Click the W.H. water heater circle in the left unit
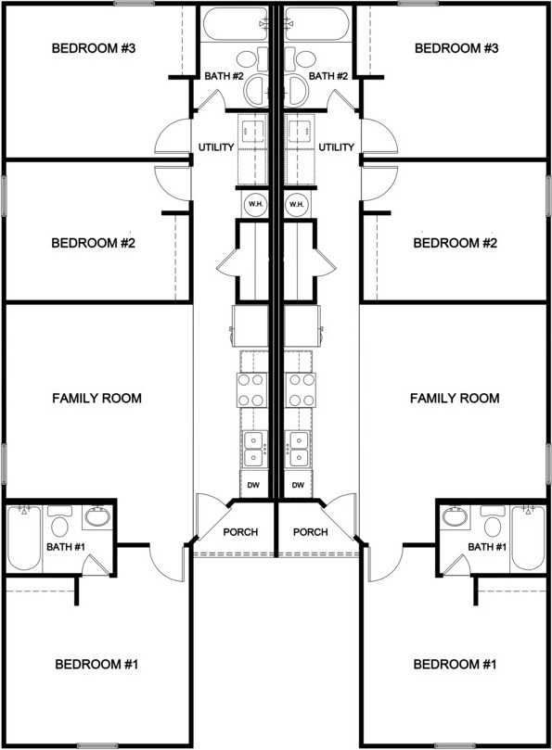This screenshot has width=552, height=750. [x=254, y=204]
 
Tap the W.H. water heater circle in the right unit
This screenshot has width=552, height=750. [x=297, y=204]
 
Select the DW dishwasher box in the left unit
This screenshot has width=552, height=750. [x=253, y=485]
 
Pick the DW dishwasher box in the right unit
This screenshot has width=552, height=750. [x=298, y=485]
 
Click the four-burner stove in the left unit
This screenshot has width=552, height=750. [x=253, y=389]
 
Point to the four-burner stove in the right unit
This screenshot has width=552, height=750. [x=298, y=389]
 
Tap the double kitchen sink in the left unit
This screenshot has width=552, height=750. [x=253, y=449]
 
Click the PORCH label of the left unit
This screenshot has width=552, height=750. [x=240, y=532]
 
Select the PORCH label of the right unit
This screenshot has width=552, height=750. [x=310, y=532]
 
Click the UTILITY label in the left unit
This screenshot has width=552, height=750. [x=215, y=147]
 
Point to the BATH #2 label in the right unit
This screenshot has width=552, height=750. [x=327, y=76]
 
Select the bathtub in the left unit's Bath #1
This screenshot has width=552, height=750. [x=23, y=539]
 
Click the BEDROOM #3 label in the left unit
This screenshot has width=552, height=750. [x=94, y=48]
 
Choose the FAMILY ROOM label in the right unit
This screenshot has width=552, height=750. [x=455, y=399]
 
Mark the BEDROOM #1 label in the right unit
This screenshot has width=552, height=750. [x=456, y=665]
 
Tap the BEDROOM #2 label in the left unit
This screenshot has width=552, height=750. [x=94, y=244]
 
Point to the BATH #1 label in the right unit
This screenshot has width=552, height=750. [x=487, y=547]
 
